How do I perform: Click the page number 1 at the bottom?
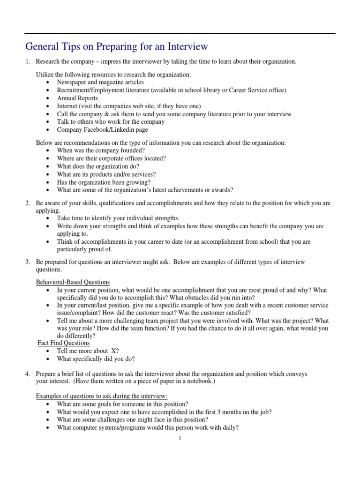[x=180, y=438]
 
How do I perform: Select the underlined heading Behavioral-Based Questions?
[x=73, y=282]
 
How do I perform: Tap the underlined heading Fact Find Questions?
[x=64, y=343]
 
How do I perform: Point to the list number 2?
[x=28, y=203]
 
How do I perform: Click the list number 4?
[x=28, y=374]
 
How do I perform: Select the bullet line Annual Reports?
[x=77, y=98]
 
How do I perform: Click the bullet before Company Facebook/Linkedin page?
[x=50, y=130]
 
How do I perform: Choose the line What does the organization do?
[x=98, y=166]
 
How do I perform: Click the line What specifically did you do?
[x=96, y=359]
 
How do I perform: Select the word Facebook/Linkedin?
[x=109, y=130]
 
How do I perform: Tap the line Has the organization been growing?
[x=104, y=182]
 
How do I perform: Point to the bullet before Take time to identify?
[x=50, y=218]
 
